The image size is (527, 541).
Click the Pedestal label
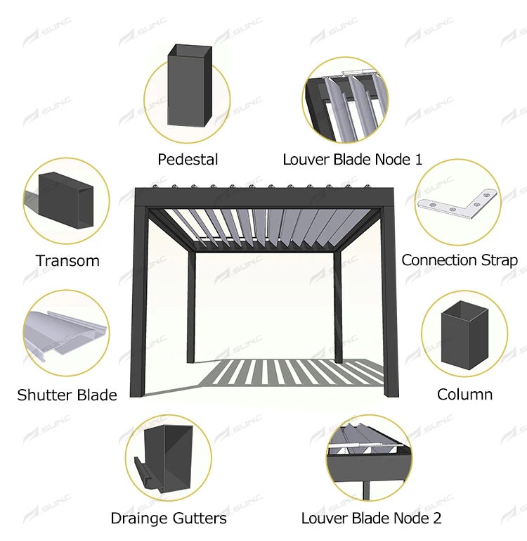click(188, 160)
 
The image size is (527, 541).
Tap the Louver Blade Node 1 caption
click(353, 160)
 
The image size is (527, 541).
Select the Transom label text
click(67, 261)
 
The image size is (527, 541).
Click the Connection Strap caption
click(460, 260)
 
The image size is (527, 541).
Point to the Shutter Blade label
click(67, 395)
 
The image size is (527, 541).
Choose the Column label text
click(464, 394)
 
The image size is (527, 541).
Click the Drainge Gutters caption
click(169, 518)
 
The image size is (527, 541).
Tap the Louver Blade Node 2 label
click(372, 518)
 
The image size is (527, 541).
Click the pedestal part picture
click(188, 86)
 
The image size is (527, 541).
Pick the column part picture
click(464, 336)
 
